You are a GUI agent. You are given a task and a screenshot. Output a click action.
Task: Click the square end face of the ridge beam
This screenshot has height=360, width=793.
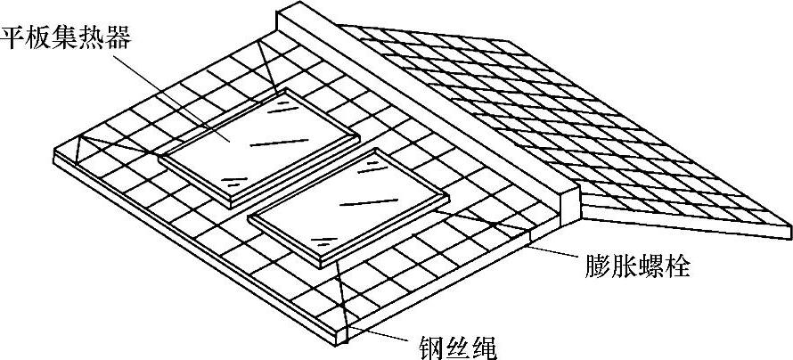(x=567, y=201)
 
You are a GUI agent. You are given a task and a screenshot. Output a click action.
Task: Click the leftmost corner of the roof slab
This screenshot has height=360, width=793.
(x=55, y=155)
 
